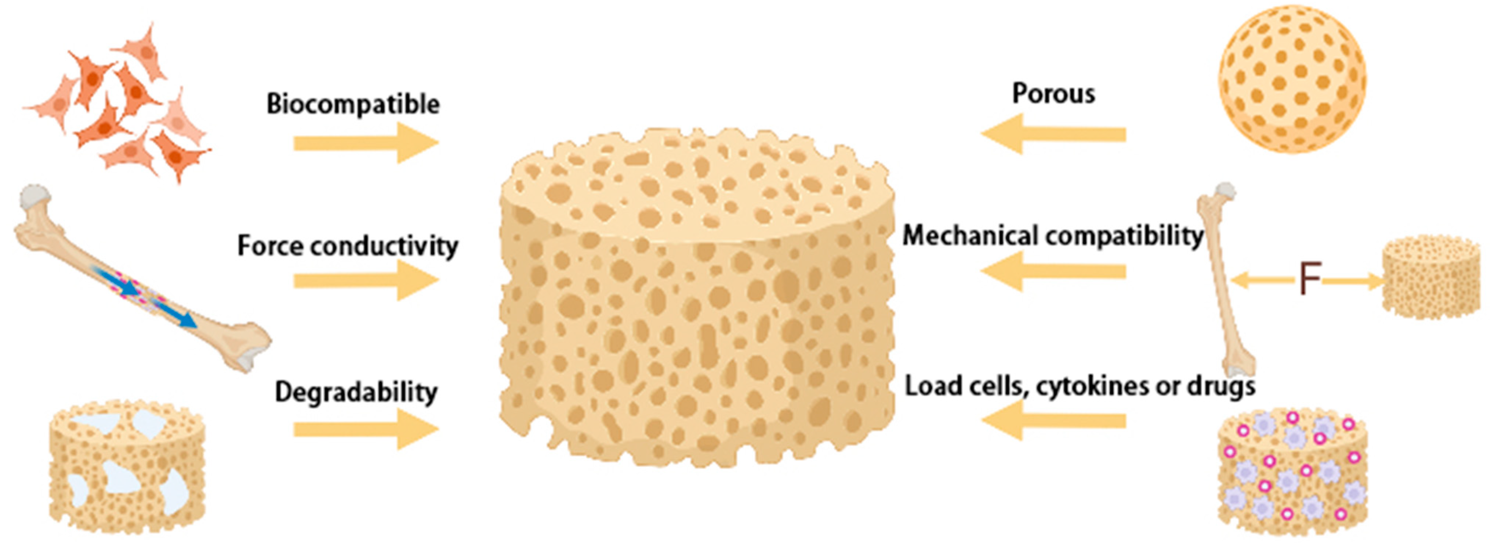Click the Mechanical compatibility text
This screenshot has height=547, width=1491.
tap(1052, 236)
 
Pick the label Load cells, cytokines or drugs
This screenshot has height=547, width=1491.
tap(1080, 386)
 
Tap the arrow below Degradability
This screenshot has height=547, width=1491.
tap(366, 429)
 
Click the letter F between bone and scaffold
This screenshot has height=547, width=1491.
tap(1310, 280)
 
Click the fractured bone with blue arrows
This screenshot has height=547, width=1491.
tap(142, 278)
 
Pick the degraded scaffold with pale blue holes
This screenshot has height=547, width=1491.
tap(127, 466)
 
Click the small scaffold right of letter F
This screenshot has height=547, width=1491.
tap(1430, 277)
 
